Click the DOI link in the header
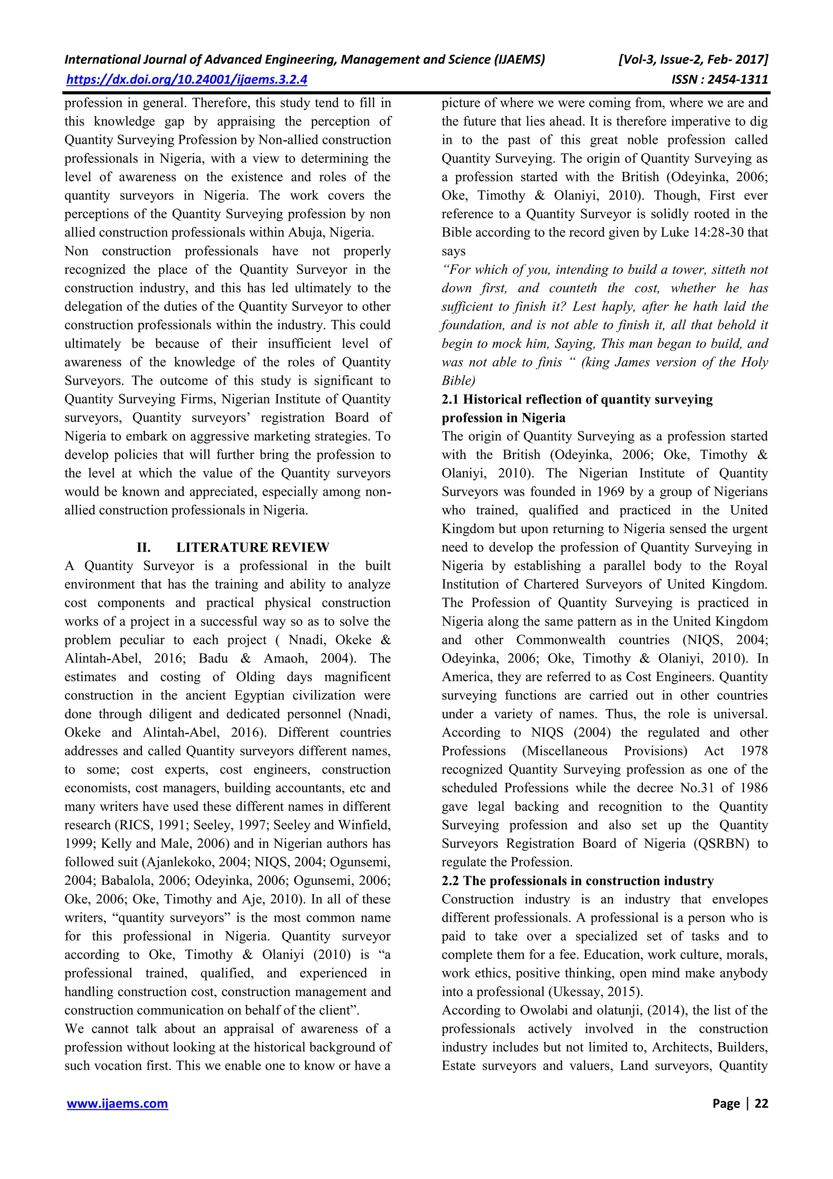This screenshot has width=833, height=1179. [x=187, y=80]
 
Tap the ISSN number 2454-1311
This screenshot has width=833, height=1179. [x=737, y=80]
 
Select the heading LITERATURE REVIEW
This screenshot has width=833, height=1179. [x=253, y=547]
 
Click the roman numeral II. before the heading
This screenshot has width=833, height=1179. [x=144, y=547]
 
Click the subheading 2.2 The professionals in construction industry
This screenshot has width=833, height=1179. [x=578, y=881]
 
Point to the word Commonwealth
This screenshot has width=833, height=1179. [x=560, y=640]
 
